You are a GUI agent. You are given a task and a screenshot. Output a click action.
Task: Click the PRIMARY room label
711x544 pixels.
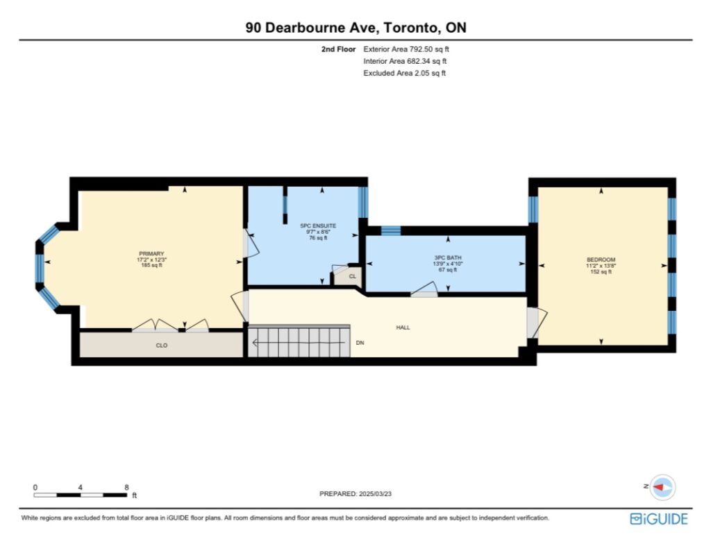(x=151, y=254)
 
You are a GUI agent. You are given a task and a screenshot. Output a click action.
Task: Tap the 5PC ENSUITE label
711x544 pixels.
(x=318, y=226)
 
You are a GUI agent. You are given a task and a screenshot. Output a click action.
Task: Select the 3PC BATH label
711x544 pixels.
(x=448, y=257)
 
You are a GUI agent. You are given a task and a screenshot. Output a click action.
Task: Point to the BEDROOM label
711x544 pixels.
(x=601, y=260)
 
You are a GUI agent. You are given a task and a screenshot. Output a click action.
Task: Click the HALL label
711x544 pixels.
(x=403, y=328)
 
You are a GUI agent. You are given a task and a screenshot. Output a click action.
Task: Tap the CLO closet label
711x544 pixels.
(x=161, y=346)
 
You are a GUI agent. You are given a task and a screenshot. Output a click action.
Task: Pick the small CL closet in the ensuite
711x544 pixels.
(x=349, y=276)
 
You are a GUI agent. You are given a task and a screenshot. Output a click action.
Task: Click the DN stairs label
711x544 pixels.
(x=360, y=343)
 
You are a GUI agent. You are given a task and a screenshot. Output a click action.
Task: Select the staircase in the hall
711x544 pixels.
(x=299, y=341)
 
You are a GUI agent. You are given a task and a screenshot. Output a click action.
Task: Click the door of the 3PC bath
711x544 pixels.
(x=424, y=290)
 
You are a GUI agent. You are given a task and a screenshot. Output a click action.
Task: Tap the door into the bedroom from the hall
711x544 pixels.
(x=537, y=323)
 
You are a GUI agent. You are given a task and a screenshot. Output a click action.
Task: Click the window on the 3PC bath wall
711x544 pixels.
(x=390, y=231)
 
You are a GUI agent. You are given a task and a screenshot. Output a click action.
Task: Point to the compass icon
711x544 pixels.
(x=662, y=487)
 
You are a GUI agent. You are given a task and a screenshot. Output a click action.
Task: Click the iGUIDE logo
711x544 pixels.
(x=659, y=518)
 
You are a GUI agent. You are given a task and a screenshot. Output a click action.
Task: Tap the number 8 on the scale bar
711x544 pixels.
(x=126, y=487)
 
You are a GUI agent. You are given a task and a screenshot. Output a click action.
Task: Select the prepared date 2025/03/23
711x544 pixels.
(x=375, y=493)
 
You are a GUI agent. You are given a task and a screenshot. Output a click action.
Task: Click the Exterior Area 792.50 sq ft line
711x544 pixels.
(x=405, y=49)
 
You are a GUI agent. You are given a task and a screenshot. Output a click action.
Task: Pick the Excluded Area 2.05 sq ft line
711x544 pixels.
(x=405, y=73)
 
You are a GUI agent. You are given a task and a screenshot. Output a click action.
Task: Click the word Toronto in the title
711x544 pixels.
(x=410, y=28)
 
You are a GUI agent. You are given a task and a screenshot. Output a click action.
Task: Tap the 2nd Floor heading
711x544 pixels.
(x=338, y=49)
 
